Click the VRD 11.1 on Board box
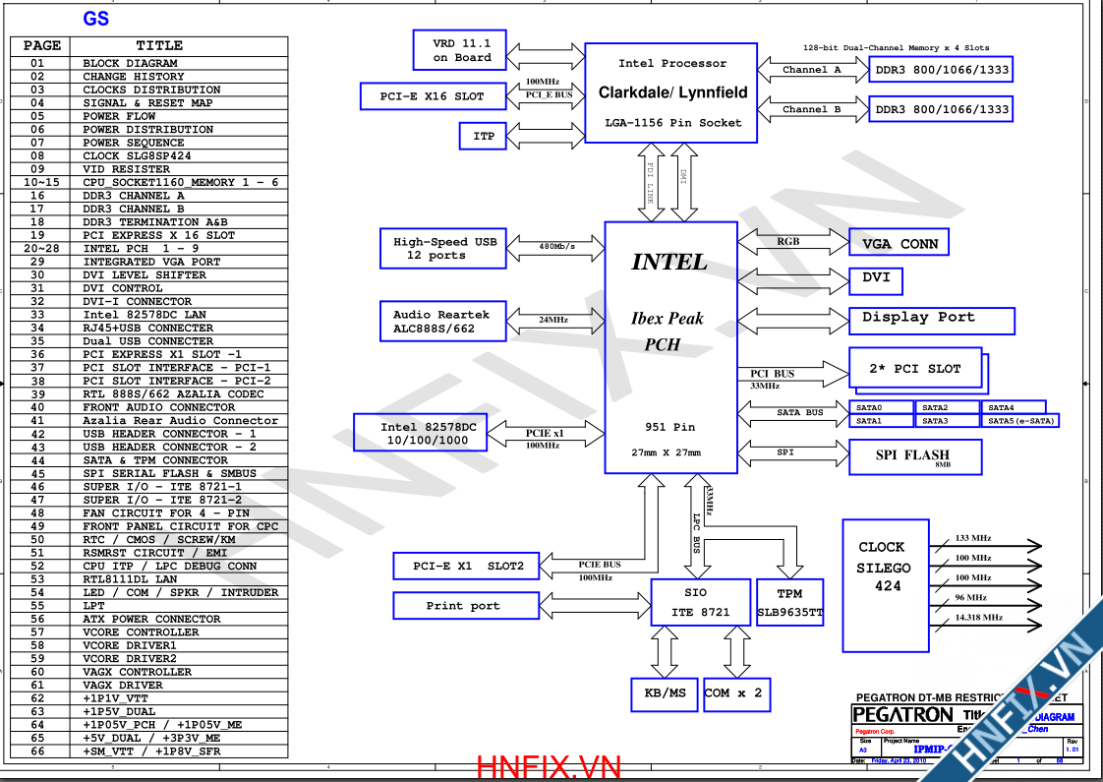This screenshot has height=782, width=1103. coord(462,50)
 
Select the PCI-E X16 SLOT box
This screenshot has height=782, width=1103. coord(432,96)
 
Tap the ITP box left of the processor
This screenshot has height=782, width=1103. coord(484,136)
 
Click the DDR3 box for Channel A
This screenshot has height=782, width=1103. coord(941,70)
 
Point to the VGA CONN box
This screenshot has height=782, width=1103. coord(899,243)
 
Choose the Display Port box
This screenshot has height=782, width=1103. coord(931,320)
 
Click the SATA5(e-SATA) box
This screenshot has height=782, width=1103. coord(1021,421)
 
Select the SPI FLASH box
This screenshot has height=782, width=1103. coord(914,456)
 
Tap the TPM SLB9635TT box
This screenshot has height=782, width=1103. coord(790,602)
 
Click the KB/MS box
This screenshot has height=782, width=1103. coord(665,693)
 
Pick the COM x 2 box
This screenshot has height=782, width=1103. coord(733,693)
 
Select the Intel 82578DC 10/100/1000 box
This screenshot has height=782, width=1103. coord(428,434)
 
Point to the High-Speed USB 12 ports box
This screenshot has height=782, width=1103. coord(443,249)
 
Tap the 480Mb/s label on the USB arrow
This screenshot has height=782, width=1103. coord(557,246)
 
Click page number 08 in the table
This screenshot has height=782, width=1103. coord(37,155)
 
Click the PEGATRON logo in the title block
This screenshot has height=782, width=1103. coord(901,715)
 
